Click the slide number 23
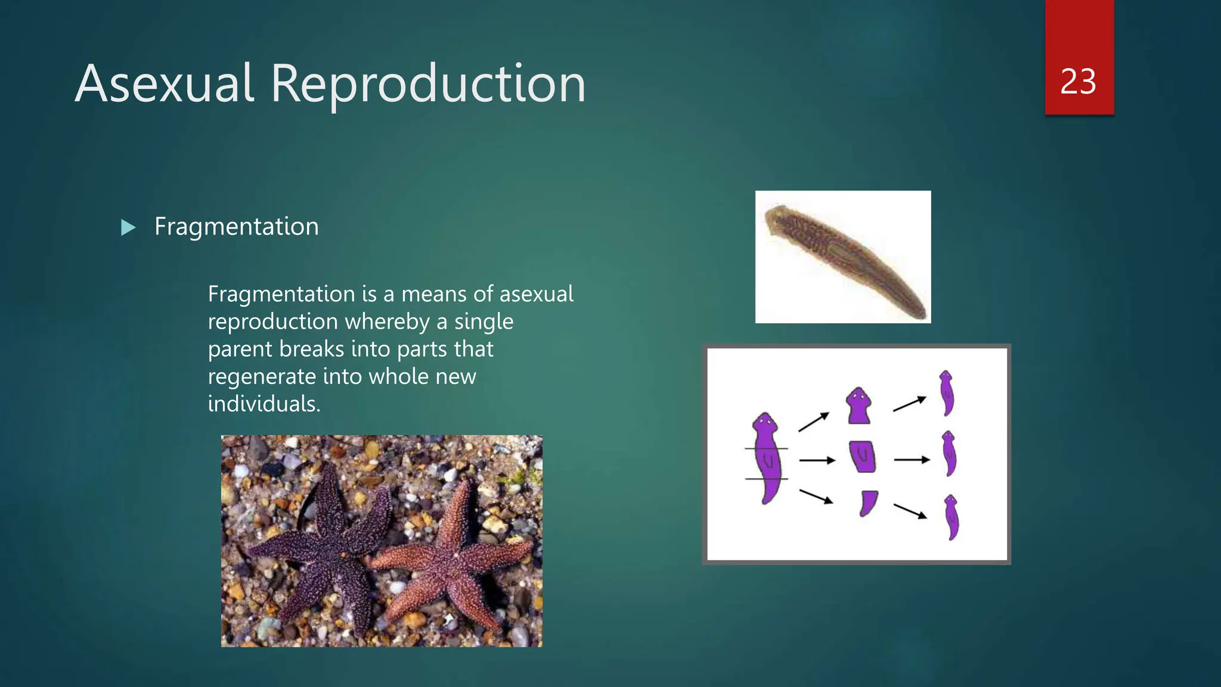click(1078, 82)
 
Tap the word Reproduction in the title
click(428, 85)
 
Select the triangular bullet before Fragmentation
click(128, 227)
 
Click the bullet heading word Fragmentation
click(237, 227)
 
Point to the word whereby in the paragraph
click(388, 321)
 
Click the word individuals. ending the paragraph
click(264, 404)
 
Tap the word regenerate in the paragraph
click(262, 376)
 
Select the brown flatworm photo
click(842, 256)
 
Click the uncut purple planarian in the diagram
click(767, 456)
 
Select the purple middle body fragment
click(863, 456)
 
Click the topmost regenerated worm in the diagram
click(947, 393)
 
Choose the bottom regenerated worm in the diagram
click(952, 517)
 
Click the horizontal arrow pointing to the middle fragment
click(817, 460)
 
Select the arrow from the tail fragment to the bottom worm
click(910, 510)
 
